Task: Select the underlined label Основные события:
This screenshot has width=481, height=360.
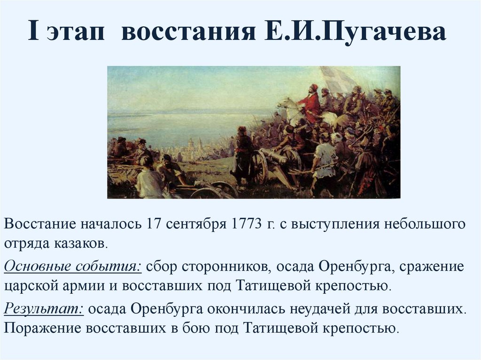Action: (73, 266)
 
